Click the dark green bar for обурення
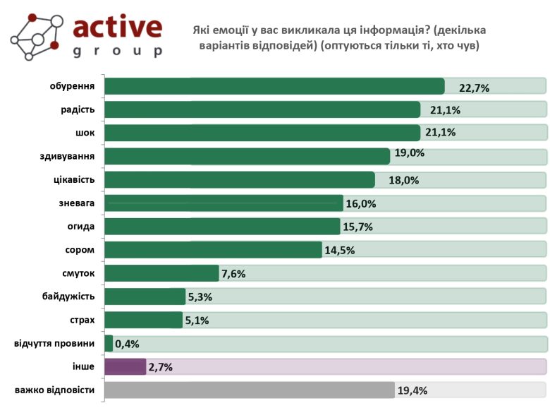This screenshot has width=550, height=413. [274, 86]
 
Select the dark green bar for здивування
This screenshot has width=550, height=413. [247, 156]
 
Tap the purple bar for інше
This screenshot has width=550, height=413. [125, 366]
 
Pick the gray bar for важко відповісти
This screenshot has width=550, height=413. [249, 390]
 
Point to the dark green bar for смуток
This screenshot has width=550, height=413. [161, 273]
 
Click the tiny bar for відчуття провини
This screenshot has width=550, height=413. [109, 343]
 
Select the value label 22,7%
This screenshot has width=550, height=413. [474, 88]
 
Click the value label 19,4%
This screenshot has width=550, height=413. [412, 390]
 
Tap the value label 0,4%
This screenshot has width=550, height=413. [127, 344]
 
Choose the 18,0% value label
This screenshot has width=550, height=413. [404, 180]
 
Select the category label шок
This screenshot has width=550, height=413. [85, 133]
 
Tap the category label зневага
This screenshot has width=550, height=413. [77, 203]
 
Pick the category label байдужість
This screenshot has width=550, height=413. [68, 297]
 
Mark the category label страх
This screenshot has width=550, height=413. [82, 320]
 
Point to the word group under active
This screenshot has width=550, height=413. [118, 51]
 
